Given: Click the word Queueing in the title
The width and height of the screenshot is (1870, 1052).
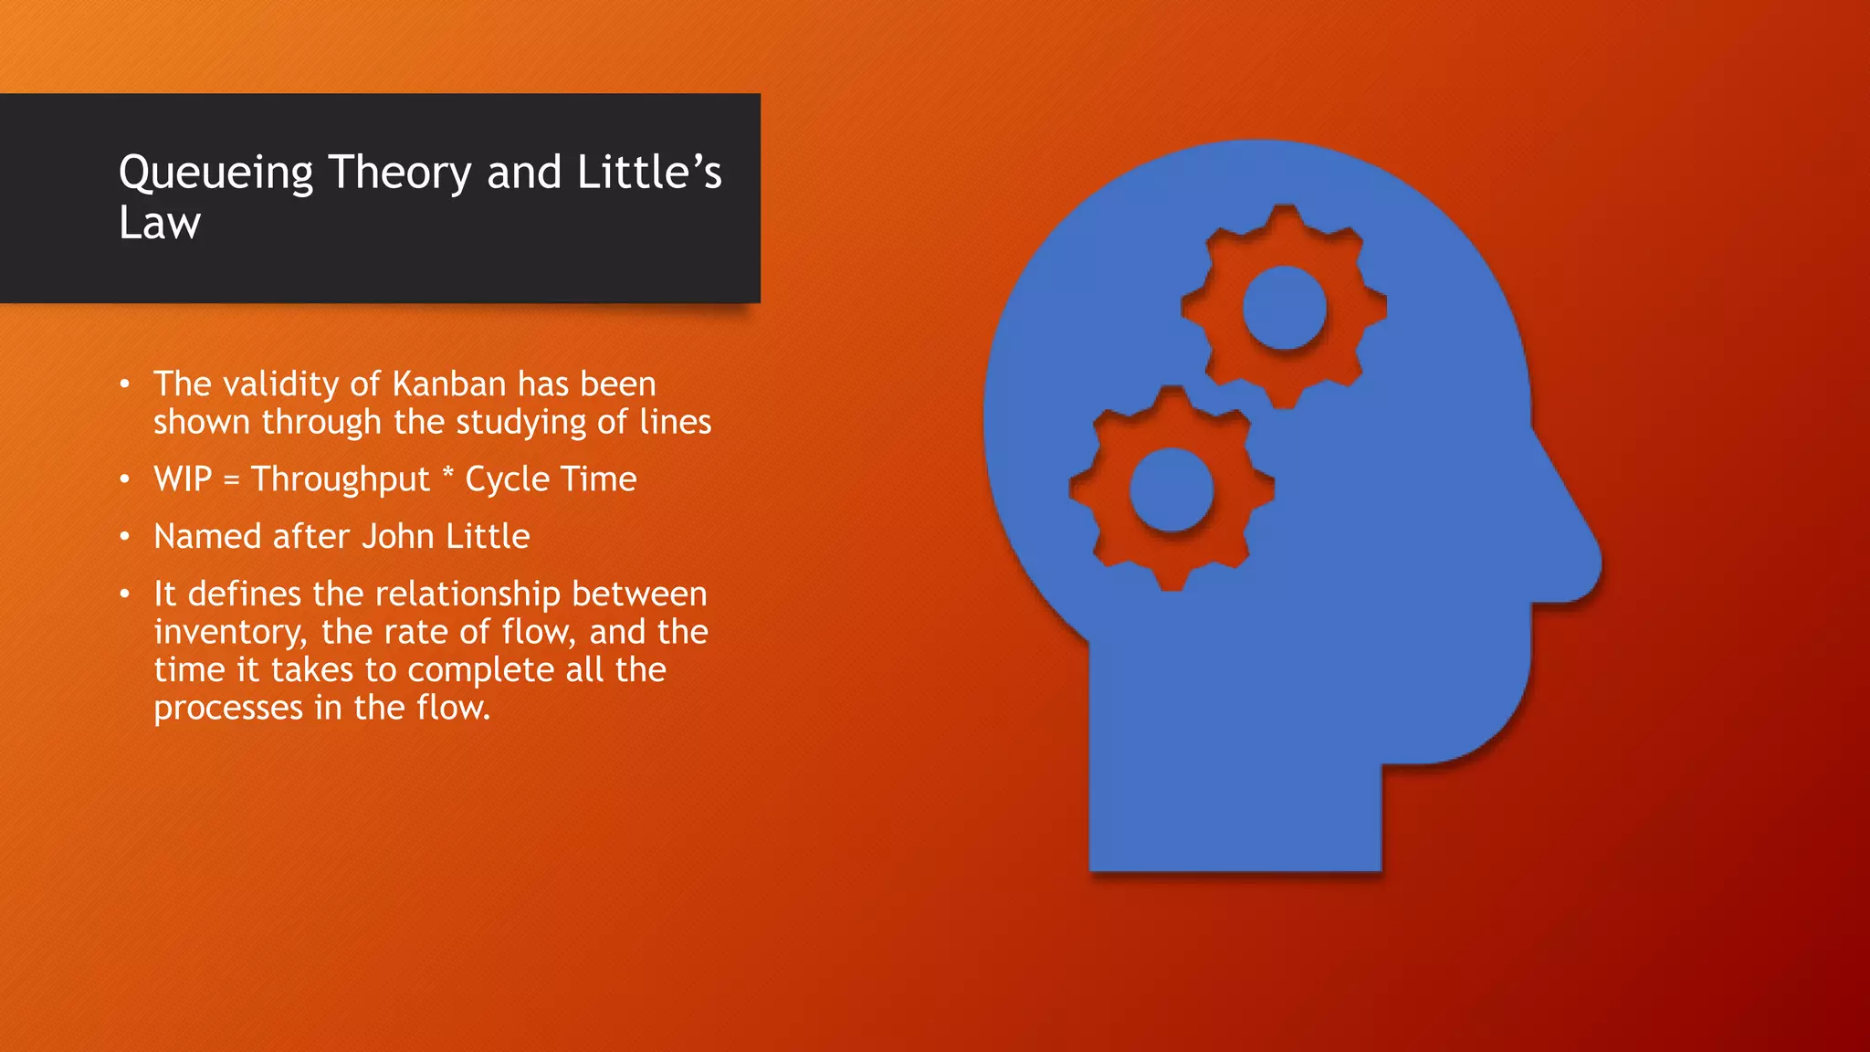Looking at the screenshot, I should click(216, 174).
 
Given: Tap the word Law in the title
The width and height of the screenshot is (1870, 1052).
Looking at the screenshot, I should click(160, 224).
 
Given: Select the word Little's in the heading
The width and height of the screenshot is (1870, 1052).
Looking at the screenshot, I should click(649, 172).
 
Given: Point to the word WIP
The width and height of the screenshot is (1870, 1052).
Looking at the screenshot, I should click(183, 479).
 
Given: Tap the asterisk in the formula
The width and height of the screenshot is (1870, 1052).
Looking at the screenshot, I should click(447, 474).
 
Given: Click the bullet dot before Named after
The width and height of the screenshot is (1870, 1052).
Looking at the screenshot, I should click(125, 537).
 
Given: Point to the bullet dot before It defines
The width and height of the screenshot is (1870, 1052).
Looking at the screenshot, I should click(125, 594).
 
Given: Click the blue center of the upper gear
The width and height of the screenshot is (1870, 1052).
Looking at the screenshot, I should click(1285, 308).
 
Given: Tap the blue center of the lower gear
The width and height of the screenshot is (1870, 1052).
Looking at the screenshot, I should click(1171, 489).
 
